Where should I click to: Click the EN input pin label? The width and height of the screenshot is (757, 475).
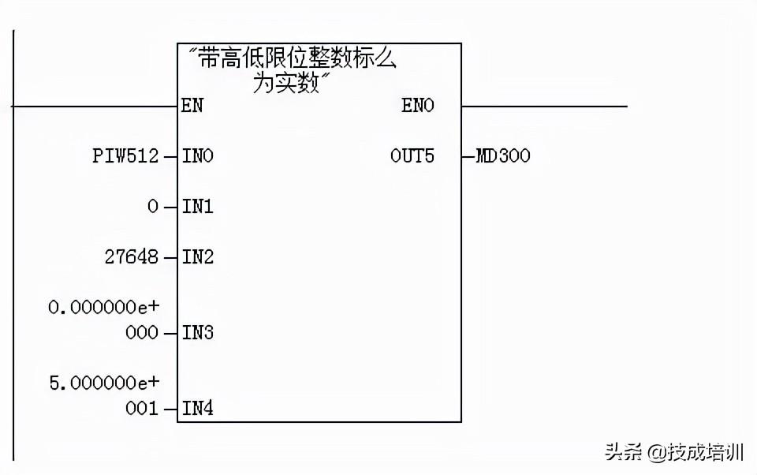[x=192, y=106]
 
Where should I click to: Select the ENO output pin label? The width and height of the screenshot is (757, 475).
[x=417, y=106]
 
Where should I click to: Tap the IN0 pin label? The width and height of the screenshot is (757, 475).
[x=197, y=156]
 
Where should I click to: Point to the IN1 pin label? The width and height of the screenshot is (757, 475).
[x=197, y=207]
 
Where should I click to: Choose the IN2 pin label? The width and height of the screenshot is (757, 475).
[x=197, y=257]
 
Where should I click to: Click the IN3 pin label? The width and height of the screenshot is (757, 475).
[x=197, y=333]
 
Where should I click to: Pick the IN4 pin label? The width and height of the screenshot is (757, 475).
[x=197, y=409]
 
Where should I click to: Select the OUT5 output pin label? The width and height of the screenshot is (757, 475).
[x=412, y=156]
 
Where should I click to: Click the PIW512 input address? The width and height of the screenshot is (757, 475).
[x=125, y=156]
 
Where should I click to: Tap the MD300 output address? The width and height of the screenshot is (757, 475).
[x=502, y=156]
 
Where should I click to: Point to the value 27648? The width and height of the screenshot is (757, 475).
[x=131, y=257]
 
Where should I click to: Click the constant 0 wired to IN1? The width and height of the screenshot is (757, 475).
[x=153, y=207]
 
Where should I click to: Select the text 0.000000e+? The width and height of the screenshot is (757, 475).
[x=103, y=308]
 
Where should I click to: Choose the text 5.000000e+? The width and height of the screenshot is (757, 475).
[x=103, y=383]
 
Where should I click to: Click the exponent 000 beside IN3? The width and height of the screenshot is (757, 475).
[x=142, y=333]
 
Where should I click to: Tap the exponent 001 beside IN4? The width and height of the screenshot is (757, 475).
[x=142, y=409]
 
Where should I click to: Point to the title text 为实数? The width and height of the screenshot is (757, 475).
[x=286, y=83]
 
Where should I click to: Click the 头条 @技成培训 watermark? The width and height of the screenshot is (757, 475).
[x=674, y=452]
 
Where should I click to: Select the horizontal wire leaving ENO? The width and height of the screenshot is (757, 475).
[x=544, y=106]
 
